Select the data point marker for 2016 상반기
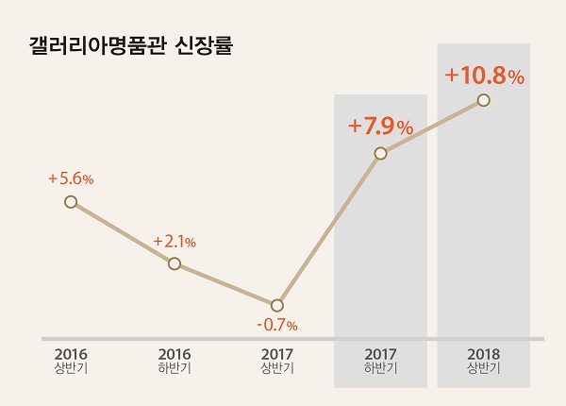point(71,201)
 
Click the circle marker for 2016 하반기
point(175,263)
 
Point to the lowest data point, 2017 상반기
point(277,306)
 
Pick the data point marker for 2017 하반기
point(380,153)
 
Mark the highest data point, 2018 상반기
point(483,99)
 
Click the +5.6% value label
point(71,178)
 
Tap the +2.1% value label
point(175,242)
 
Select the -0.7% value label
point(277,326)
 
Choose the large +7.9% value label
point(380,126)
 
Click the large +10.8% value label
point(484,76)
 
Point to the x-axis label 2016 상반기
point(71,362)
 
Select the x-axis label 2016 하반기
point(175,362)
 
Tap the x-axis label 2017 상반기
point(277,362)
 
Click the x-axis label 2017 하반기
point(380,362)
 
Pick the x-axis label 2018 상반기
point(483,362)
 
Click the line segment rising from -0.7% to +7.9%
point(328,229)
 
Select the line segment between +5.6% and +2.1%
point(123,232)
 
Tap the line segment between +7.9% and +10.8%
point(432,126)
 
